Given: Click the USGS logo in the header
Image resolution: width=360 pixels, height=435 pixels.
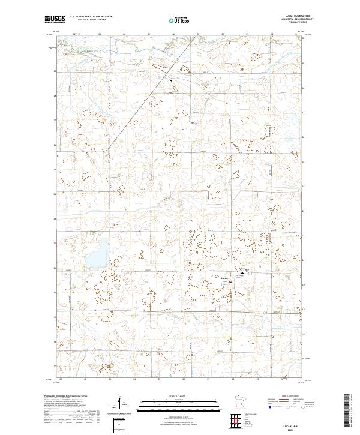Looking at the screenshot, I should [x=55, y=19].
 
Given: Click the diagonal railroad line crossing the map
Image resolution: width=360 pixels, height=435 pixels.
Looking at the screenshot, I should [x=138, y=111].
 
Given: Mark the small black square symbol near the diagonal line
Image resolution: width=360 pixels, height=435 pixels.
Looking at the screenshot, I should [x=171, y=80].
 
